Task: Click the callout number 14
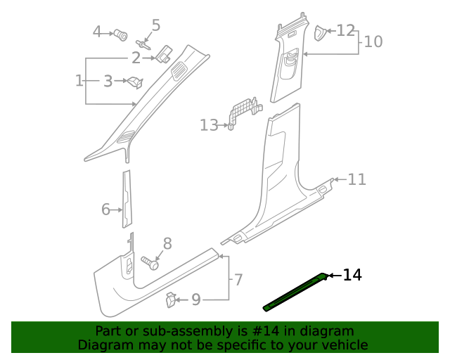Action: pos(352,275)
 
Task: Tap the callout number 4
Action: pos(98,32)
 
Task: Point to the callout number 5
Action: pos(156,25)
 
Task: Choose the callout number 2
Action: pos(136,58)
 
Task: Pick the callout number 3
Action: pos(108,82)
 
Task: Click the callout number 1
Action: pos(79,81)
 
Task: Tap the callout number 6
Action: pos(106,209)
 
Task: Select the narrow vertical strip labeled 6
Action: pos(127,199)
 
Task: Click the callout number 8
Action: pos(167,244)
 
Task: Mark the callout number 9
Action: pos(196,300)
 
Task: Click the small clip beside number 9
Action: pos(171,300)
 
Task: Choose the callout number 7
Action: pos(238,280)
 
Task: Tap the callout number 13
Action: pos(209,125)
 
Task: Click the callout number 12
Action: pos(345,30)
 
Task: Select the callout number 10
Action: pos(373,41)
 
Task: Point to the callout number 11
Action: pos(357,179)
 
